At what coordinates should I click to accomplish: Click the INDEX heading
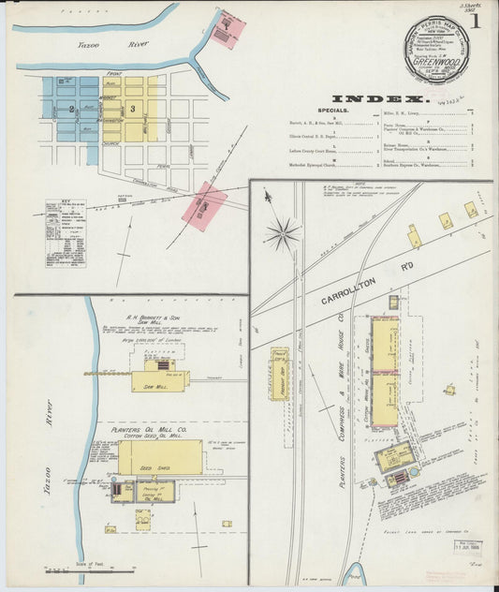coord(379,97)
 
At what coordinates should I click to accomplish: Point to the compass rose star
coord(282,230)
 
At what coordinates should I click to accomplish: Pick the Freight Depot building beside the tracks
coord(279,374)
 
